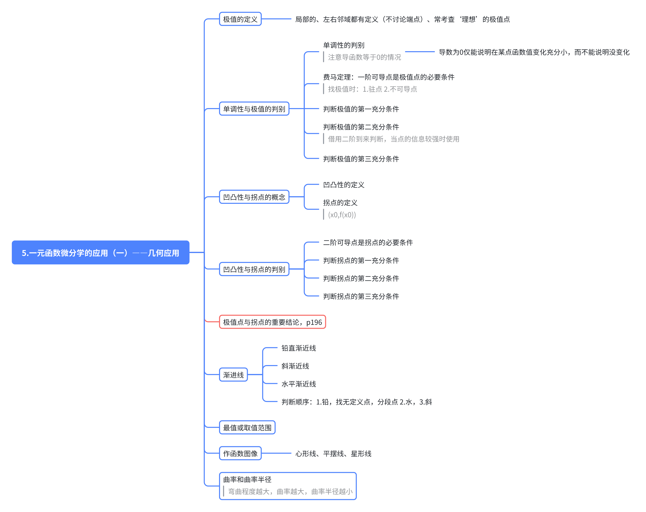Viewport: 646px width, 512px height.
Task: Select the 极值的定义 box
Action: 240,19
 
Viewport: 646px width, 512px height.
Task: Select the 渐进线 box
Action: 233,374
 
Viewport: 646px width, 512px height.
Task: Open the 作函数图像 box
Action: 240,453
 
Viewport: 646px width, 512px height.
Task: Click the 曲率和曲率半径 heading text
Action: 247,479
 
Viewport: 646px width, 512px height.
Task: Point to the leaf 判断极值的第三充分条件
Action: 361,159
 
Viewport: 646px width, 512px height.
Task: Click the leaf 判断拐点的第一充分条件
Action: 361,260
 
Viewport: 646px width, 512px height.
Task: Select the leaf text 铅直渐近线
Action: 298,348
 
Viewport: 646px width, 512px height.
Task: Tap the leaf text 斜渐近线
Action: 295,366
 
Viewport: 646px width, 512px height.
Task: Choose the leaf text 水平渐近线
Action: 298,384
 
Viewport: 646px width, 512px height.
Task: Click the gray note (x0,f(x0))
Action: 342,215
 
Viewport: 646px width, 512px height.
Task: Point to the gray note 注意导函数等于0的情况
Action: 364,57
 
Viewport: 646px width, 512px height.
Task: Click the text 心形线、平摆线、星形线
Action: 333,454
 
